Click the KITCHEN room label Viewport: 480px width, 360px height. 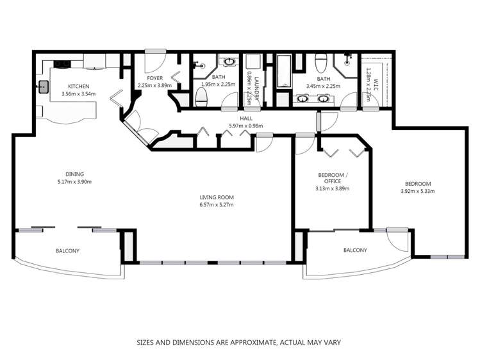[x=78, y=86]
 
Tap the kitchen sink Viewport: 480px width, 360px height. [x=44, y=86]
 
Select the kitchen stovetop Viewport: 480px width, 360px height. [x=62, y=64]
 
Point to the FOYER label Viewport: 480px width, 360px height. [x=154, y=78]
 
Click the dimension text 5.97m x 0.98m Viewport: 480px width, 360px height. [x=246, y=126]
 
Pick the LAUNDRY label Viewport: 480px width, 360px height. [x=256, y=88]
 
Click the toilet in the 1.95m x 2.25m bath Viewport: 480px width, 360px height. [x=201, y=97]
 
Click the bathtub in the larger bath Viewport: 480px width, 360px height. [x=283, y=71]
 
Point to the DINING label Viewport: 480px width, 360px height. [x=74, y=174]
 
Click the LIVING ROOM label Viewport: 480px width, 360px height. [x=217, y=197]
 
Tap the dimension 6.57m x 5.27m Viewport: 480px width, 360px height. [x=217, y=205]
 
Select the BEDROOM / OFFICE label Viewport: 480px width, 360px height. [x=333, y=178]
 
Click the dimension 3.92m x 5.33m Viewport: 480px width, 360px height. [x=418, y=192]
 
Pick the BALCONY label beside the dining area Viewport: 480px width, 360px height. [x=68, y=251]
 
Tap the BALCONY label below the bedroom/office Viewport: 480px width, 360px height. [x=355, y=250]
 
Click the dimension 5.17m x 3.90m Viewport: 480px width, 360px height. [x=74, y=182]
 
